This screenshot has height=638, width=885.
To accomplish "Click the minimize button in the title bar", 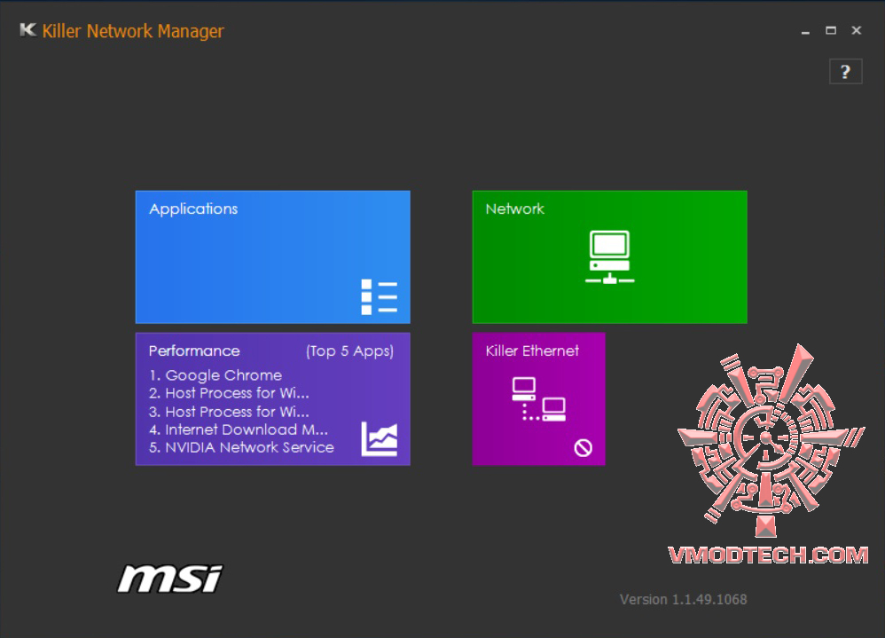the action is pos(805,31).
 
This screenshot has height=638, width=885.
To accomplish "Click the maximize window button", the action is pos(831,30).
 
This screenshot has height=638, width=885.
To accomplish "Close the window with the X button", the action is pos(857,30).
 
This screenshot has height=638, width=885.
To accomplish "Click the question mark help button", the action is pos(845,72).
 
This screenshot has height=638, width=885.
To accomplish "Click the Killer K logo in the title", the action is pos(27,30).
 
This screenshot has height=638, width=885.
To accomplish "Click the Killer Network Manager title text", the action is pos(133,31).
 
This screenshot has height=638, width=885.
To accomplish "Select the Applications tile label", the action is pos(193,209).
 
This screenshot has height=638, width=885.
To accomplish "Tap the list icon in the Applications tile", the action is pos(380,296).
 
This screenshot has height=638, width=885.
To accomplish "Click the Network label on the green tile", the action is pos(514,209).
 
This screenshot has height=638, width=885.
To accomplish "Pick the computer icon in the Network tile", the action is pos(609,257).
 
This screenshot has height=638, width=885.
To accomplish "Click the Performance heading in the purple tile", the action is pos(194,351).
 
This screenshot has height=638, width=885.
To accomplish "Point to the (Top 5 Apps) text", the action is pos(350,351).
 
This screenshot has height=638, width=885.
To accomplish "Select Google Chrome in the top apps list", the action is pos(223,375).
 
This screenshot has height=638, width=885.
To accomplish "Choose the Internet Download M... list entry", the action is pos(247,429).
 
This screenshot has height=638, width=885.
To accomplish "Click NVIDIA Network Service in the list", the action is pos(249,448).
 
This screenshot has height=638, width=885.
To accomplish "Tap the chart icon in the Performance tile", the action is pos(380,438).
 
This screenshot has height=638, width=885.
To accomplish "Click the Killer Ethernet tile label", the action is pos(532,351).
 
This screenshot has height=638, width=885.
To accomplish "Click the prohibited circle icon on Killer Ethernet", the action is pos(583,448).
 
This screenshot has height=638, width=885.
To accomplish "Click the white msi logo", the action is pos(170,579).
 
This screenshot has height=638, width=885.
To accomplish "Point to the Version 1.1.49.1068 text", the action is pos(684,600).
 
